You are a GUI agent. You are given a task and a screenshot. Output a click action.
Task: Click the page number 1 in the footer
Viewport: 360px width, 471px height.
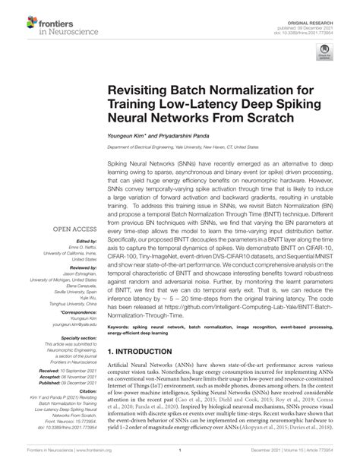point(179,457)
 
